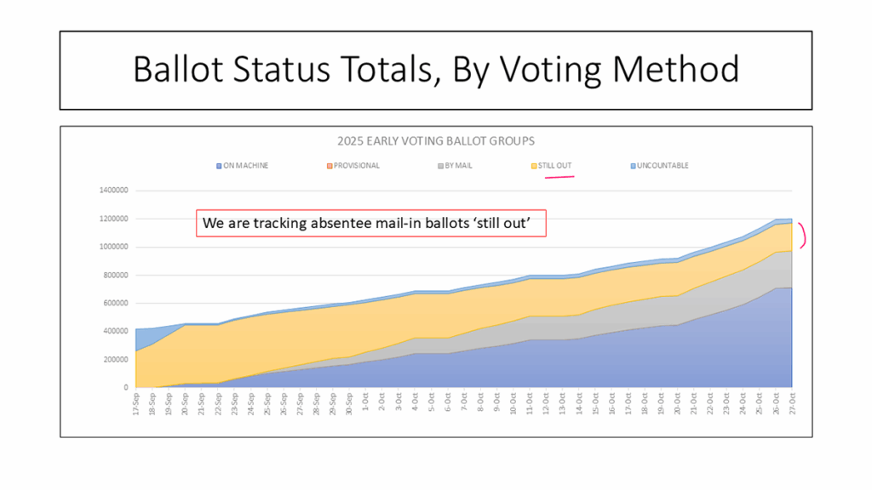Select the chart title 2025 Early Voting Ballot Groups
435,140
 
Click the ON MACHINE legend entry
244,165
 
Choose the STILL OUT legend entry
555,165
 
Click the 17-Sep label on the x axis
137,404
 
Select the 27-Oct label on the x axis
792,404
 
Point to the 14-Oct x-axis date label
579,404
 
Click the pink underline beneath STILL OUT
559,177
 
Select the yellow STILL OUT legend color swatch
533,165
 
